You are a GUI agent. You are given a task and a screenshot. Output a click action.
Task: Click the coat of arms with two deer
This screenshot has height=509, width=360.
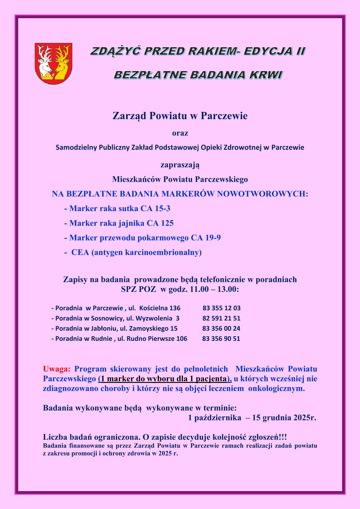pyautogui.click(x=54, y=64)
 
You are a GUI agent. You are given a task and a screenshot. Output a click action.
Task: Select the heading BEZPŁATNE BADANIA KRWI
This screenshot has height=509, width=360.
pyautogui.click(x=198, y=75)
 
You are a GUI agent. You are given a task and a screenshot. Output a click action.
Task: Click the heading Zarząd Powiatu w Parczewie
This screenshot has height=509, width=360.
pyautogui.click(x=180, y=116)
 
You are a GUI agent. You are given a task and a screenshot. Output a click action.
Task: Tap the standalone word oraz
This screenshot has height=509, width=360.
pyautogui.click(x=180, y=133)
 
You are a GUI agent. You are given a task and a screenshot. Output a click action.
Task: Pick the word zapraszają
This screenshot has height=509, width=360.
pyautogui.click(x=180, y=165)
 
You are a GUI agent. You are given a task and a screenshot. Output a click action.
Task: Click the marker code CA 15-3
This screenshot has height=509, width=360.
pyautogui.click(x=155, y=208)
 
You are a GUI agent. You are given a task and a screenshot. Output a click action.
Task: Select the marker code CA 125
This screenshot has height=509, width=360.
pyautogui.click(x=160, y=223)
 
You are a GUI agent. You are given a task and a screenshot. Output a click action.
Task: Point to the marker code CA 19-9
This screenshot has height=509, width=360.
pyautogui.click(x=206, y=238)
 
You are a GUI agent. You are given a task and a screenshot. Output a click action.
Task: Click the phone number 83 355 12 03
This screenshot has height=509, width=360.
pyautogui.click(x=221, y=308)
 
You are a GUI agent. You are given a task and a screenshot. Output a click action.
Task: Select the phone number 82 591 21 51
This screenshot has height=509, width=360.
pyautogui.click(x=221, y=318)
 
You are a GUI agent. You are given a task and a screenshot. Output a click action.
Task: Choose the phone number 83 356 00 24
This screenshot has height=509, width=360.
pyautogui.click(x=221, y=328)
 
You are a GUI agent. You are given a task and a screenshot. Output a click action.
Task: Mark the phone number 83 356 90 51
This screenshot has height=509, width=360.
pyautogui.click(x=221, y=339)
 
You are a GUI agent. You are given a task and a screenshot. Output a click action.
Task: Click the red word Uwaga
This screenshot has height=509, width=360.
pyautogui.click(x=57, y=369)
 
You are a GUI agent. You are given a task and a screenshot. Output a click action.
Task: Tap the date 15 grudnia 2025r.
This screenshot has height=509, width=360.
pyautogui.click(x=284, y=418)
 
